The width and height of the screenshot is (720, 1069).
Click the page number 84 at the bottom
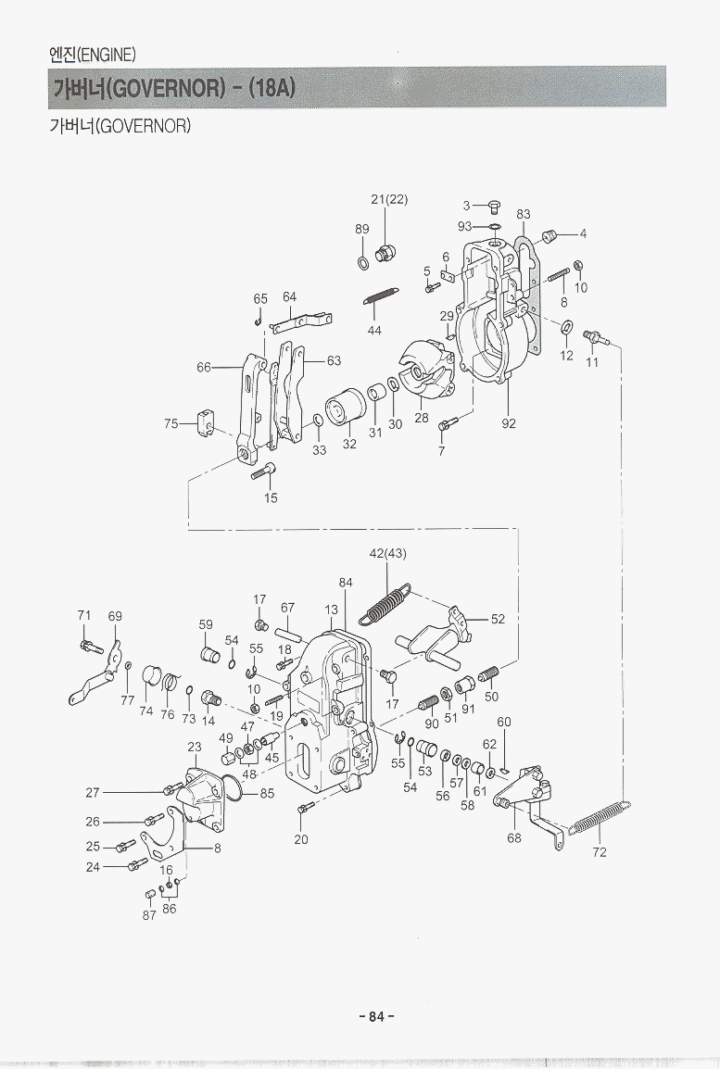375,1016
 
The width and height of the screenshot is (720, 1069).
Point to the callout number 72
599,852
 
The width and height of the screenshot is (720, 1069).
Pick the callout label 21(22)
389,199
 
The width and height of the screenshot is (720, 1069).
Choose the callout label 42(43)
387,554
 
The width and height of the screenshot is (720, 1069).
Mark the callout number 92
509,423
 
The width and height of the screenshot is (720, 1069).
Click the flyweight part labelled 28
422,371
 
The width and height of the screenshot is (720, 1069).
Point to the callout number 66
204,368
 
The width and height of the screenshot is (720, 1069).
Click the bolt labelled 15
263,470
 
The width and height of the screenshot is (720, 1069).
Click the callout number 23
195,746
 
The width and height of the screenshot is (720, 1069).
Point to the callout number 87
149,915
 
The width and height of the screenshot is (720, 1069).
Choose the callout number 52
498,619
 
